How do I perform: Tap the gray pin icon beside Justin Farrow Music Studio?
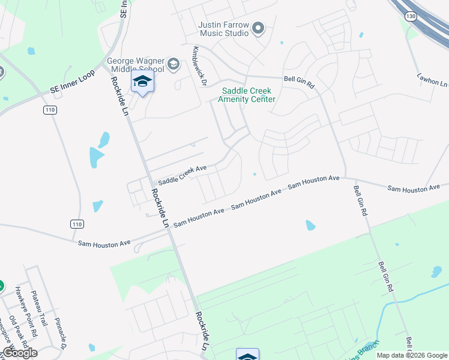tap(259, 28)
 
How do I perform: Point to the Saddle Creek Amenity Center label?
tap(249, 95)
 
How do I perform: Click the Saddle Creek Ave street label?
tap(182, 176)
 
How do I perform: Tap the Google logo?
tap(19, 353)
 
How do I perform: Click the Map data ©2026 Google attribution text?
tap(412, 355)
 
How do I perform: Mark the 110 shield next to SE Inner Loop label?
tap(49, 110)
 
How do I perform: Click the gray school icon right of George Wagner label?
tap(174, 65)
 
